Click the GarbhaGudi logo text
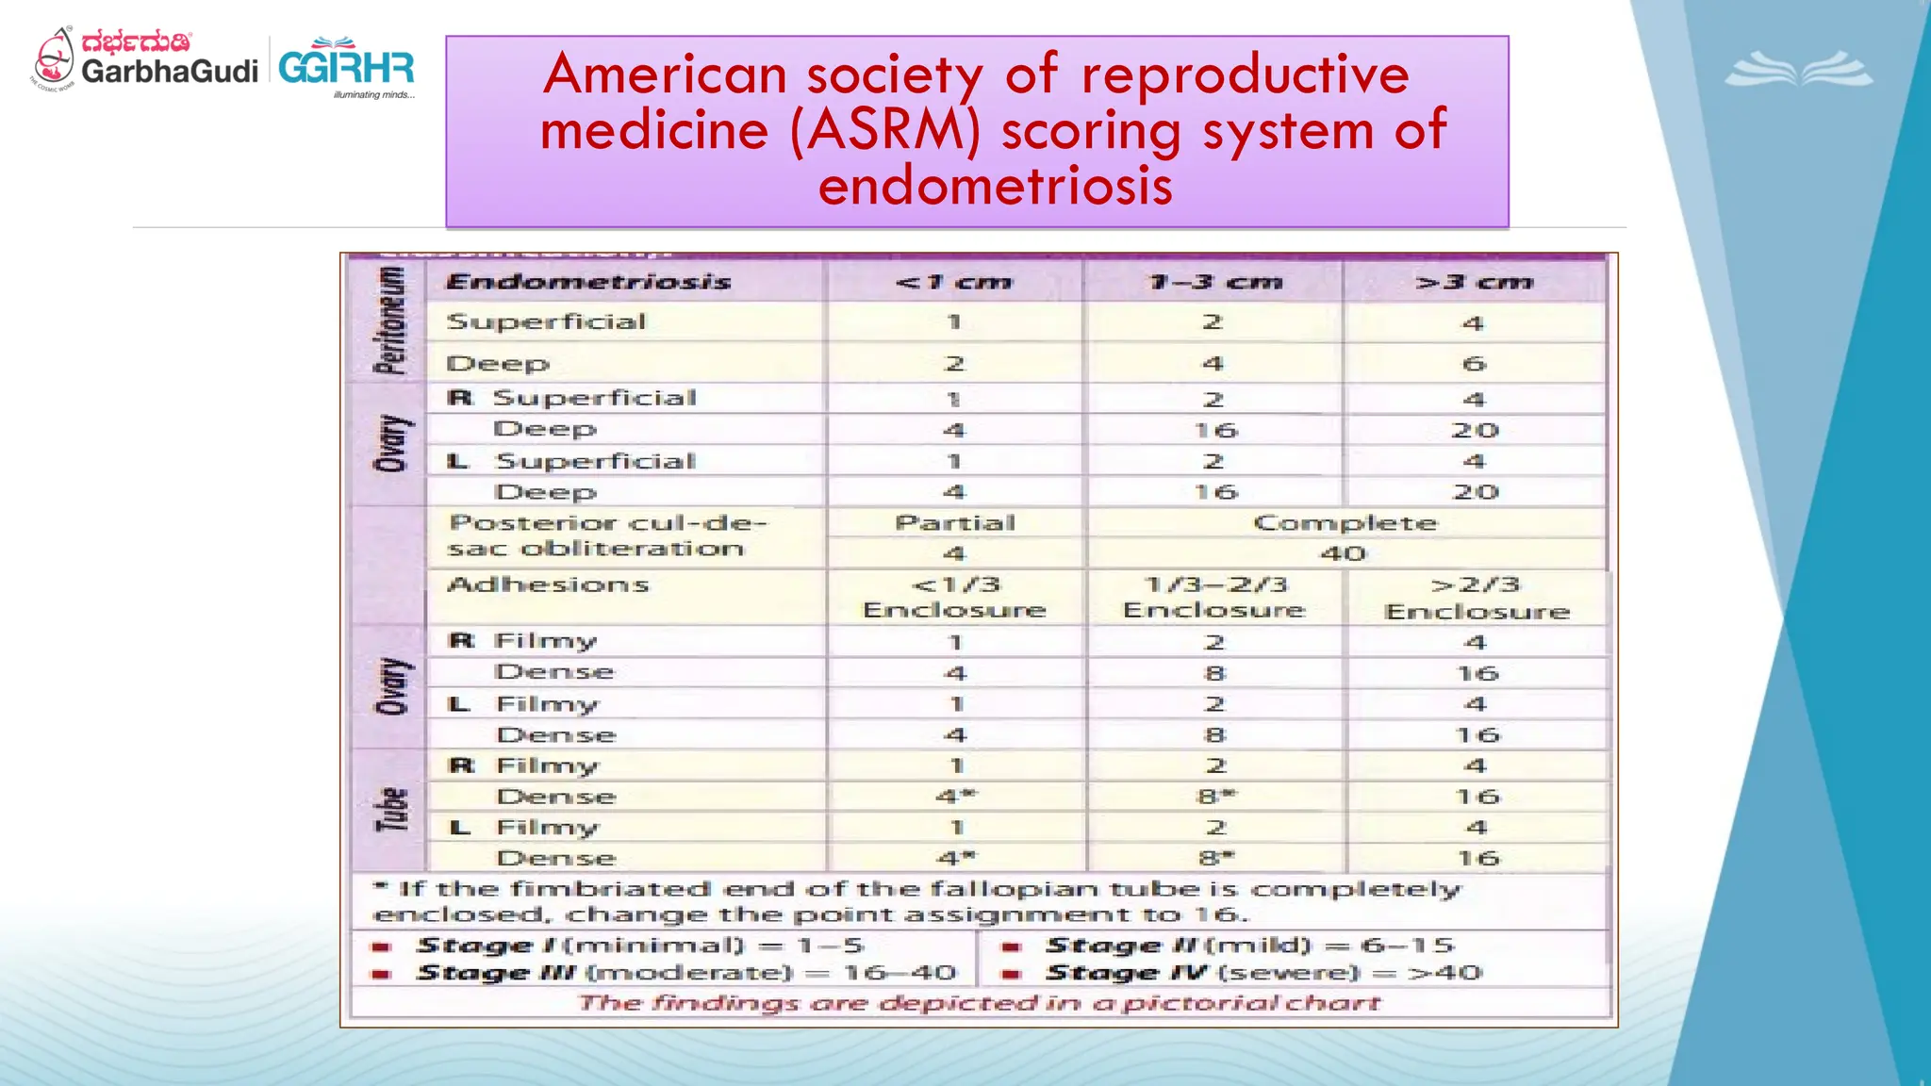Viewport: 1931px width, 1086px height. pyautogui.click(x=169, y=71)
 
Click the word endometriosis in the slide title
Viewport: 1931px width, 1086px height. pyautogui.click(x=995, y=185)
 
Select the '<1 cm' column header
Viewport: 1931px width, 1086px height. pyautogui.click(x=953, y=282)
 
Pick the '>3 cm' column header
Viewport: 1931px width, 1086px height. pyautogui.click(x=1474, y=282)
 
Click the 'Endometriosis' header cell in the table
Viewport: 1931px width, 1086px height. pyautogui.click(x=588, y=282)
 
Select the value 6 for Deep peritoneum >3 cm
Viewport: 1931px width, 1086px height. pyautogui.click(x=1474, y=364)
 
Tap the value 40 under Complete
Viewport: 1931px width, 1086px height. pyautogui.click(x=1344, y=553)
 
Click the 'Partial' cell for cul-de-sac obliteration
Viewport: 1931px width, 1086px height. pyautogui.click(x=955, y=523)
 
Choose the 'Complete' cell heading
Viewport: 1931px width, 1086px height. pyautogui.click(x=1345, y=523)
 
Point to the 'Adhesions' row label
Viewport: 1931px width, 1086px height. pyautogui.click(x=548, y=584)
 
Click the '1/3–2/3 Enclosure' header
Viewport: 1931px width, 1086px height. pyautogui.click(x=1214, y=598)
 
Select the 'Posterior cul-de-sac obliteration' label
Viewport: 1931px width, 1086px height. pyautogui.click(x=605, y=535)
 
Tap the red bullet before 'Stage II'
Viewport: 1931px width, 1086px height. pyautogui.click(x=1011, y=946)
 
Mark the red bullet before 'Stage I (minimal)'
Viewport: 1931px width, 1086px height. pyautogui.click(x=382, y=946)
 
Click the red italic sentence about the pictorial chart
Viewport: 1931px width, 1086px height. pyautogui.click(x=979, y=1003)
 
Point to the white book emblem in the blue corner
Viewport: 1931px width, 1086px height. pyautogui.click(x=1799, y=71)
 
